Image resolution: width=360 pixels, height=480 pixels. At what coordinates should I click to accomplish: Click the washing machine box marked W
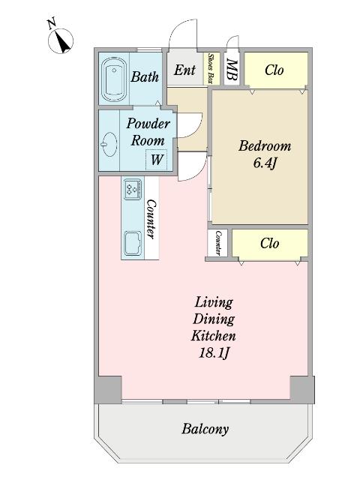click(157, 160)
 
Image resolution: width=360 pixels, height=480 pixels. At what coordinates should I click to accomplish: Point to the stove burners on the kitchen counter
click(133, 189)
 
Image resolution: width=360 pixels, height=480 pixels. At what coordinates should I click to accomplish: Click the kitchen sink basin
click(133, 243)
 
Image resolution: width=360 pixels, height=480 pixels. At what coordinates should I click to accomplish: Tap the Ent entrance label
click(185, 70)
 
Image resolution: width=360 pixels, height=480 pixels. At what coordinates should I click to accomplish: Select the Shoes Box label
click(211, 68)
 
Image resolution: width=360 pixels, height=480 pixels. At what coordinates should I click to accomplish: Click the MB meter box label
click(232, 70)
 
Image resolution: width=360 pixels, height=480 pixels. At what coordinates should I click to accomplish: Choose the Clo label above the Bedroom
click(274, 70)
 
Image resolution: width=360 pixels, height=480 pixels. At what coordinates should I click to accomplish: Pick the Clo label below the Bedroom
click(270, 244)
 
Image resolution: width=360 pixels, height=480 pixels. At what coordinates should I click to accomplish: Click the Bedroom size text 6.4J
click(265, 163)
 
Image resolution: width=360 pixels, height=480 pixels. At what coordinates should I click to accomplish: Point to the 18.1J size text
click(214, 353)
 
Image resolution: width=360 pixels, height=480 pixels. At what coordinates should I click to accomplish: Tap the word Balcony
click(205, 429)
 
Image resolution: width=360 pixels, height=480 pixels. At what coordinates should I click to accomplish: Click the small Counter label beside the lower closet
click(218, 243)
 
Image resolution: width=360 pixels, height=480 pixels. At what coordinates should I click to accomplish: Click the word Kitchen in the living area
click(214, 335)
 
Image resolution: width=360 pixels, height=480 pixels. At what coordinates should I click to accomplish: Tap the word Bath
click(145, 76)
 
